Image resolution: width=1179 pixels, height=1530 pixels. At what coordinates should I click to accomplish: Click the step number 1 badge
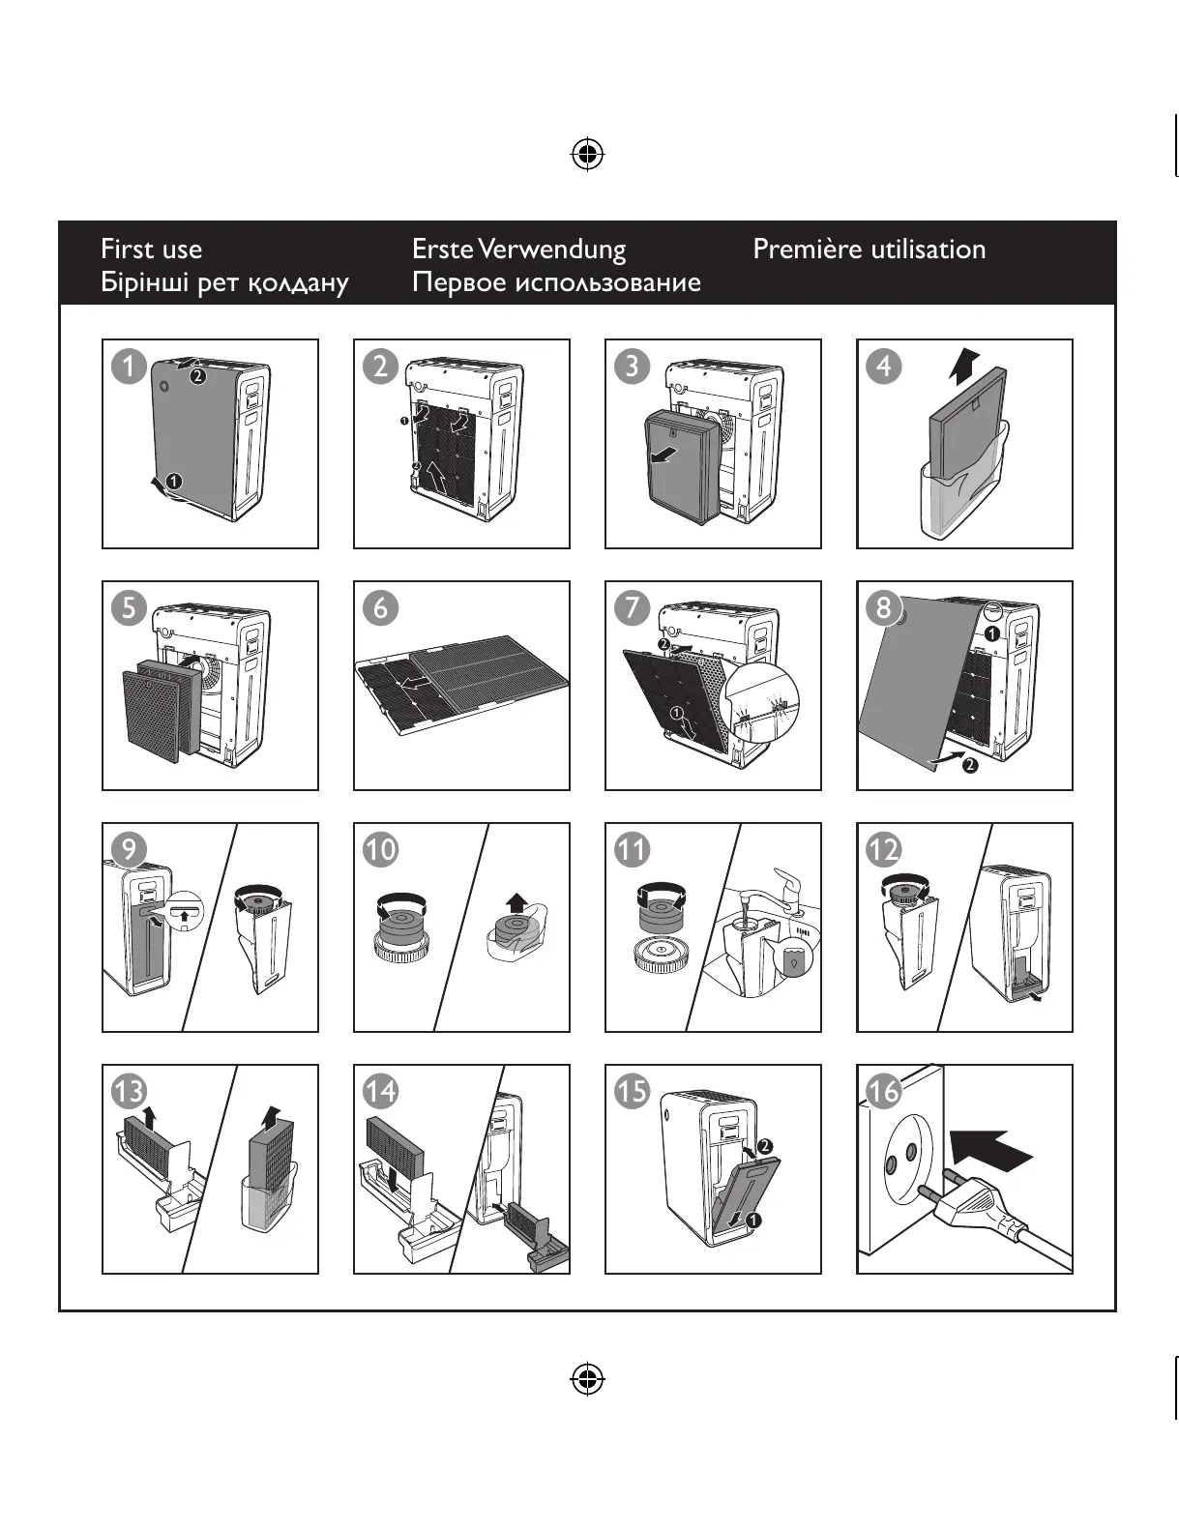tap(128, 367)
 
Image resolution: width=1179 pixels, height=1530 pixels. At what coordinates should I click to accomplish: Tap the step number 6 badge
tap(380, 608)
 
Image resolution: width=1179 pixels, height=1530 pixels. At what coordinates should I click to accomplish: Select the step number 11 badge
tap(633, 850)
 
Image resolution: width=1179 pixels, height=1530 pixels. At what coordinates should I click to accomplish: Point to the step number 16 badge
tap(884, 1091)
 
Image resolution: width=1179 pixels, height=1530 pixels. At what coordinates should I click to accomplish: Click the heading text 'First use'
tap(151, 250)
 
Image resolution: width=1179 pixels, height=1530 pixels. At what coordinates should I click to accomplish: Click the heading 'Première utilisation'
tap(870, 250)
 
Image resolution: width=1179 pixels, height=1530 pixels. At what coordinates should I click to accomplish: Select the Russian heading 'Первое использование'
tap(556, 282)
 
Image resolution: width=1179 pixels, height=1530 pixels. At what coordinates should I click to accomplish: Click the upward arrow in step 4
tap(963, 367)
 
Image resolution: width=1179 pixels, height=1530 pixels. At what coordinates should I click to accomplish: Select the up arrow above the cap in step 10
tap(517, 903)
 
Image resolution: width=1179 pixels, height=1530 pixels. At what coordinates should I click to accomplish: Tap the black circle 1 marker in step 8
tap(991, 633)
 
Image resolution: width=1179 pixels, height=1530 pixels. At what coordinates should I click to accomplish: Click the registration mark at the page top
tap(588, 154)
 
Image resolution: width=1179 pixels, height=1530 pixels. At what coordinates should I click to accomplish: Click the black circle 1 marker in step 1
tap(174, 483)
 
